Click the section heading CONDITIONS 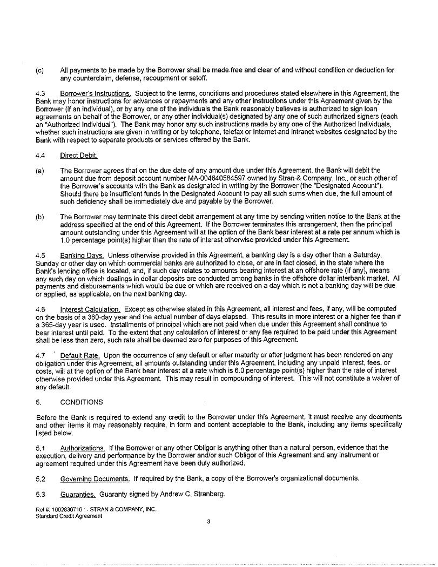(80, 402)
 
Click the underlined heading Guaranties (78, 494)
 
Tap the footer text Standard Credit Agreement (69, 516)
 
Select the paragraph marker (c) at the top (39, 70)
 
